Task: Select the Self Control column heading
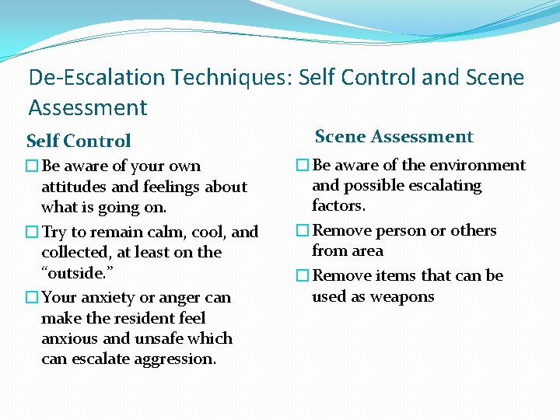pyautogui.click(x=79, y=141)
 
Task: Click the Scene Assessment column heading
pyautogui.click(x=394, y=137)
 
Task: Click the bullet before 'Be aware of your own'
pyautogui.click(x=32, y=166)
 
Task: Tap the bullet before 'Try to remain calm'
pyautogui.click(x=32, y=232)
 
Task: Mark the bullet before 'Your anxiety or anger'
pyautogui.click(x=32, y=297)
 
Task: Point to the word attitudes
pyautogui.click(x=73, y=187)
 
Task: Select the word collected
pyautogui.click(x=76, y=253)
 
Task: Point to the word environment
pyautogui.click(x=479, y=165)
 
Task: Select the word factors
pyautogui.click(x=338, y=206)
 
